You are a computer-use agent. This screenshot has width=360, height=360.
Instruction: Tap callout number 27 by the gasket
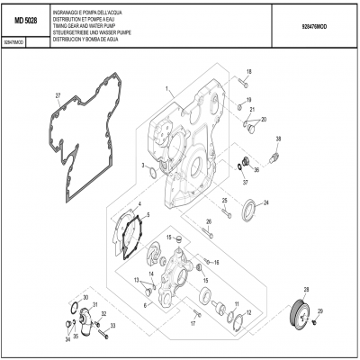tap(58, 96)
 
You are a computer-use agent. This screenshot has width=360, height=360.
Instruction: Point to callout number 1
tap(166, 88)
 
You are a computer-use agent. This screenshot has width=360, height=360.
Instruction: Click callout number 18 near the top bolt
tap(249, 71)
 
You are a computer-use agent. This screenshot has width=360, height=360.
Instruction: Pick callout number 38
tap(278, 138)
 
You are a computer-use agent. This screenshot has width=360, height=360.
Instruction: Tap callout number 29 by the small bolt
tap(320, 310)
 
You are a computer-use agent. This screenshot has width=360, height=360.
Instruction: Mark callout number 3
tap(142, 166)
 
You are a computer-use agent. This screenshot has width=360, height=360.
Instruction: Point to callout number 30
tap(85, 297)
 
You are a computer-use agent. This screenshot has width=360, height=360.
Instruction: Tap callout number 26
tap(209, 220)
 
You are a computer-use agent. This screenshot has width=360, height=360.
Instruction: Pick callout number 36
tap(257, 168)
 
